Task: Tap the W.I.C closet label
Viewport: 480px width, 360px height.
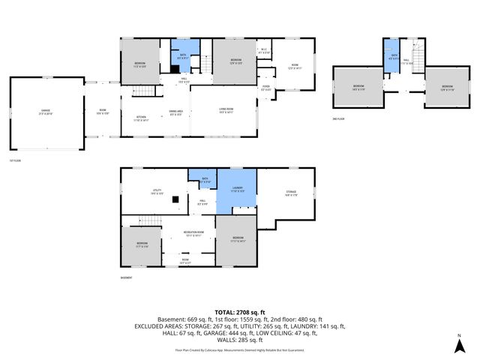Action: pyautogui.click(x=263, y=52)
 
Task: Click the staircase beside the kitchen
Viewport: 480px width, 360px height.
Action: pyautogui.click(x=146, y=92)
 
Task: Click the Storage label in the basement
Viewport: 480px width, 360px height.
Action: pyautogui.click(x=291, y=193)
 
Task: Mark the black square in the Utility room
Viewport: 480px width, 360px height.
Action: pyautogui.click(x=175, y=199)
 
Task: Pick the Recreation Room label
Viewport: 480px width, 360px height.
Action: pyautogui.click(x=194, y=234)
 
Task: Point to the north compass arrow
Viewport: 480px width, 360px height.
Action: pyautogui.click(x=459, y=344)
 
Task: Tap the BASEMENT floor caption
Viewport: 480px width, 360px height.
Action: pyautogui.click(x=127, y=278)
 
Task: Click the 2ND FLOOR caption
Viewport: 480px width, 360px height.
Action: pyautogui.click(x=340, y=119)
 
